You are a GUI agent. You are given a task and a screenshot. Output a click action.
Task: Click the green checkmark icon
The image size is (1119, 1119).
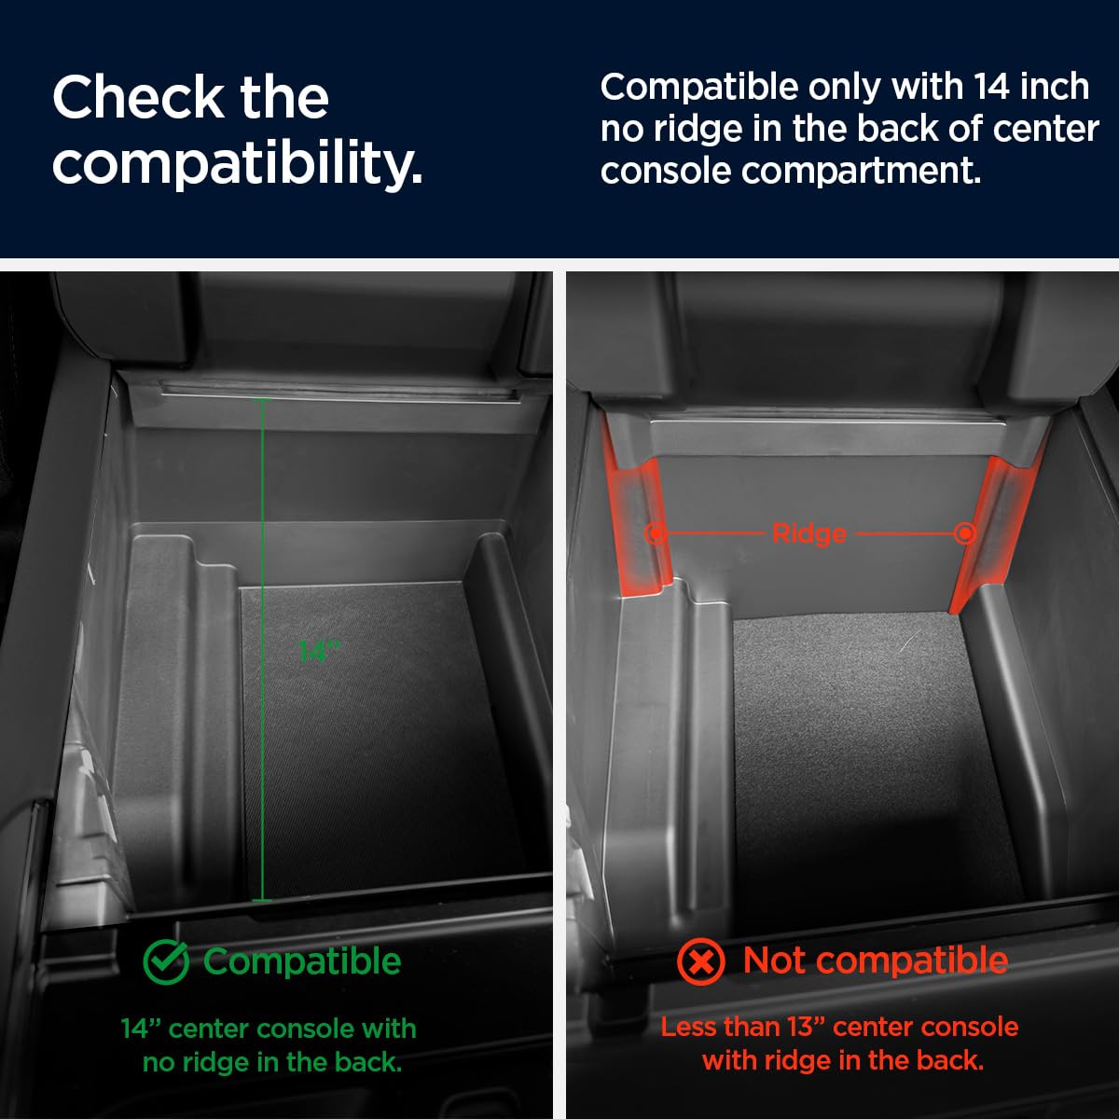(166, 961)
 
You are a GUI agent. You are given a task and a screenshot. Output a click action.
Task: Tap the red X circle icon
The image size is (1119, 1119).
(701, 961)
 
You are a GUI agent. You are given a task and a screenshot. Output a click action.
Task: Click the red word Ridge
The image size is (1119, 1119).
(808, 533)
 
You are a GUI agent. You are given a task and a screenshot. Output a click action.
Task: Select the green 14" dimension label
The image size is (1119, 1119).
(319, 652)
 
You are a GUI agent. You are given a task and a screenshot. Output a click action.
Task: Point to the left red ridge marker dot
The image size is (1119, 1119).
(656, 532)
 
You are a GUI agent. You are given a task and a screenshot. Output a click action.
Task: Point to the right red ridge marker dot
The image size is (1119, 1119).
(965, 532)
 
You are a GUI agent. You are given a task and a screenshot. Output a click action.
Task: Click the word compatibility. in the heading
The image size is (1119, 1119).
(238, 165)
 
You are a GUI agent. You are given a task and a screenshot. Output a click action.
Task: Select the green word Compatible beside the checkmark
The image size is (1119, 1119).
(302, 961)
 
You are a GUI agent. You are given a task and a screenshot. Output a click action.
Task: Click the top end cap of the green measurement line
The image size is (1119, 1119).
(262, 399)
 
